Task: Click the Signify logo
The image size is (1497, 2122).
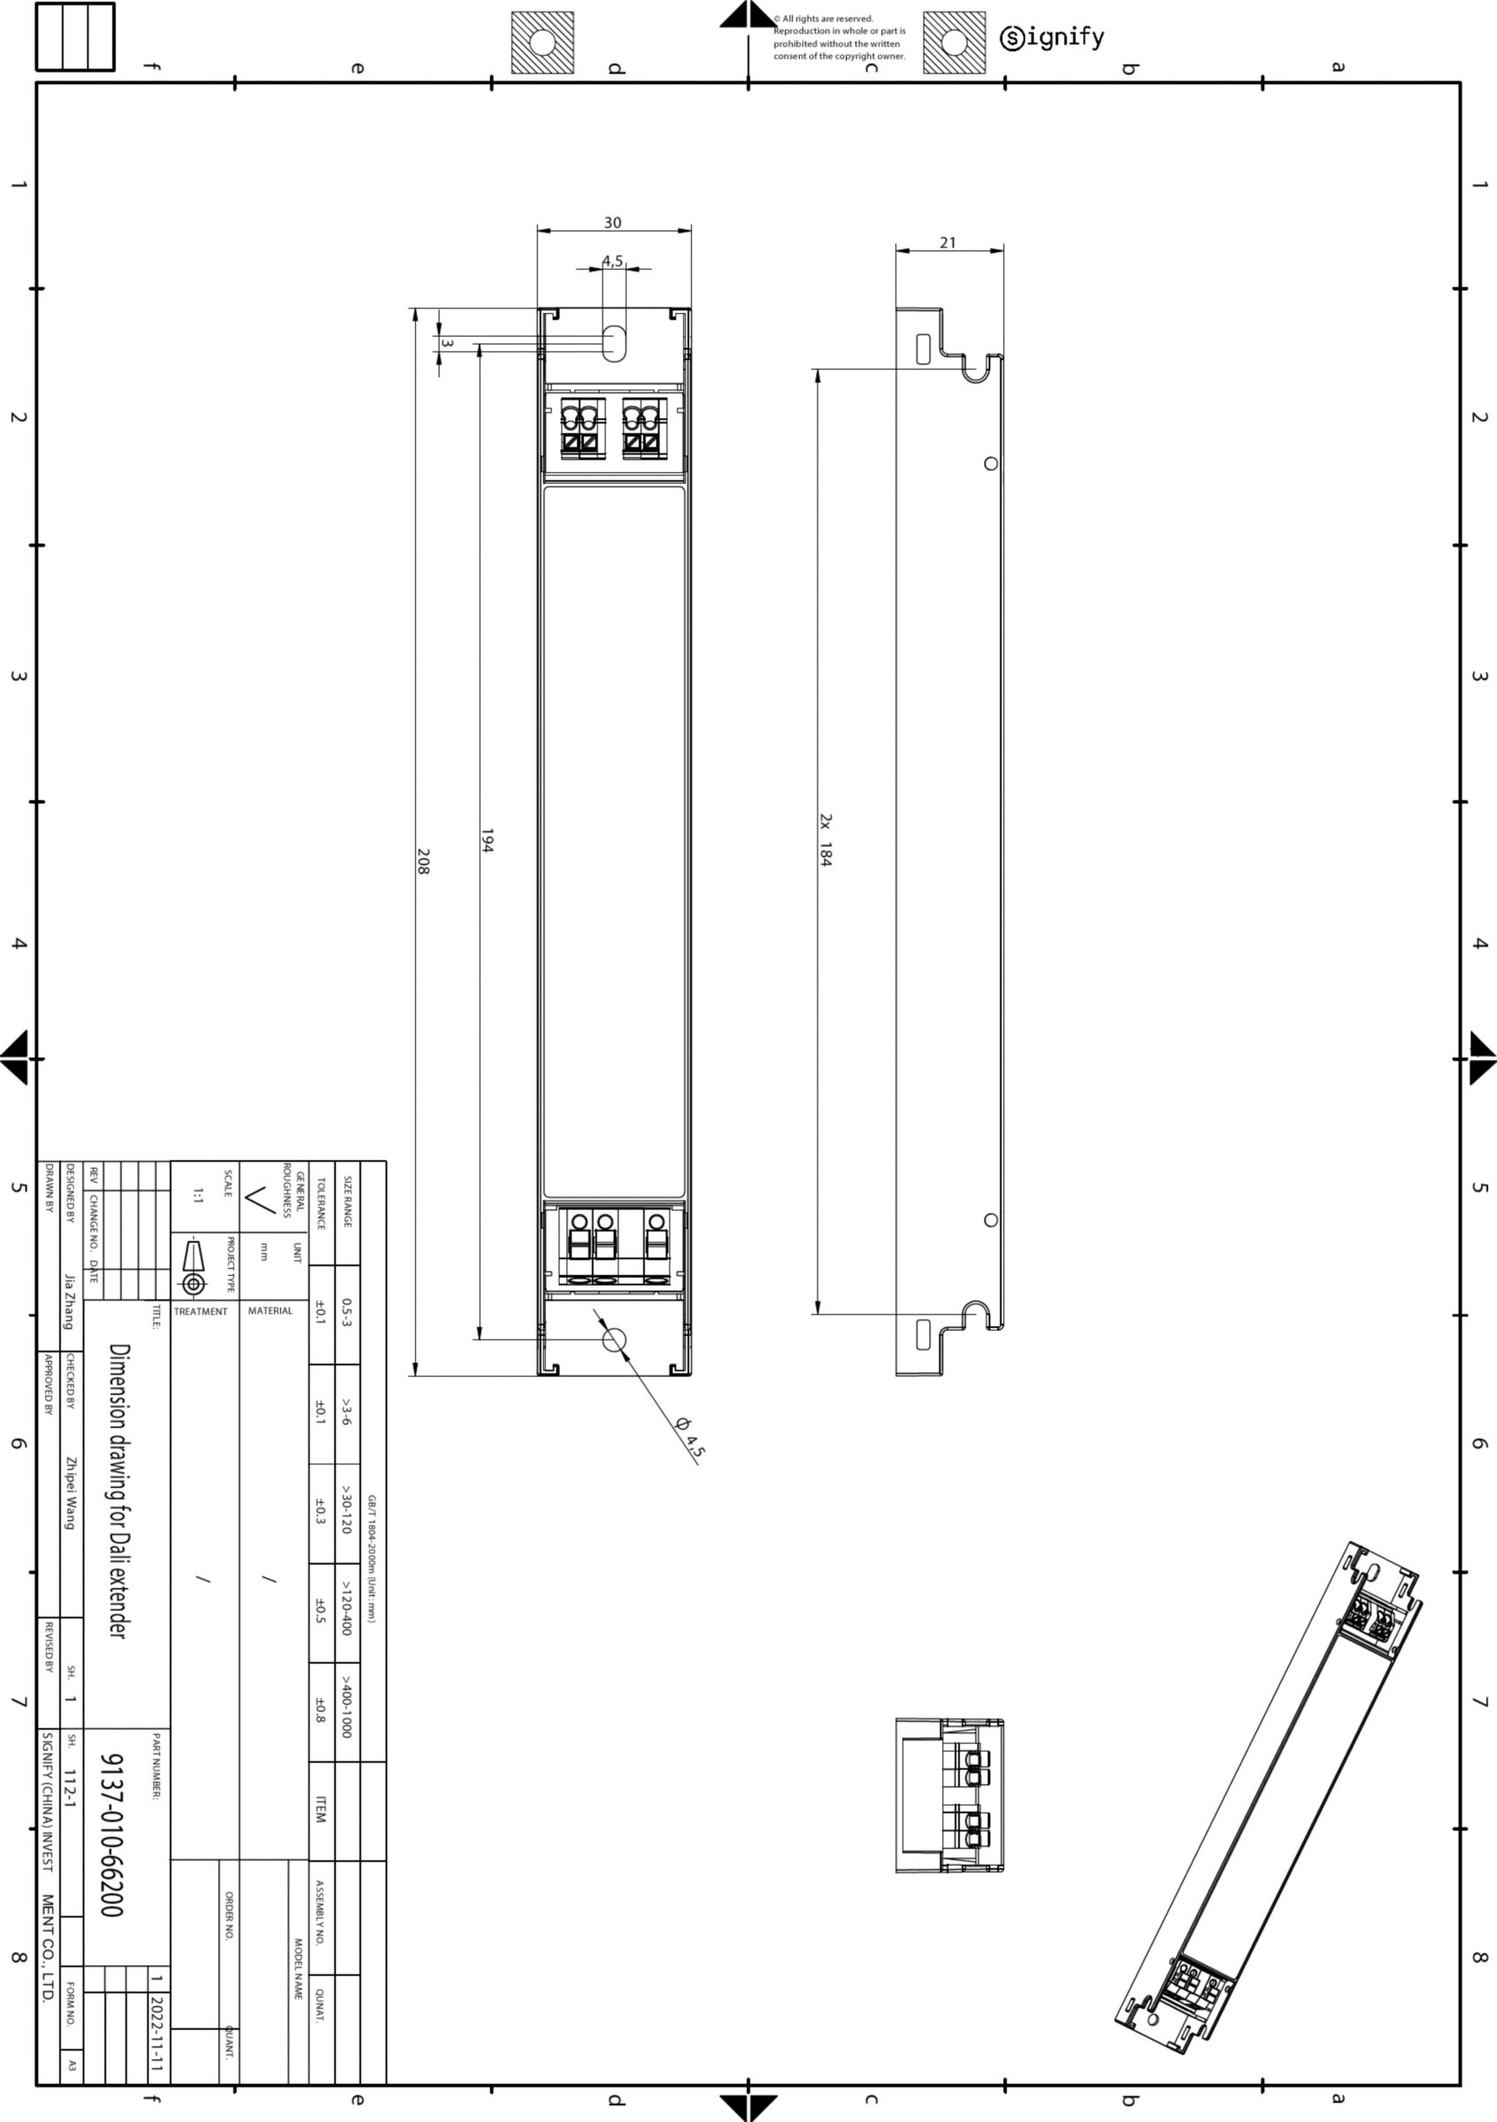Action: coord(1051,38)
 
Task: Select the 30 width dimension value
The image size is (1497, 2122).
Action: coord(612,223)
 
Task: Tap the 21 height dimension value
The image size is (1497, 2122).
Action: coord(948,242)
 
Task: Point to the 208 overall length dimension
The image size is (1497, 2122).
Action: coord(423,861)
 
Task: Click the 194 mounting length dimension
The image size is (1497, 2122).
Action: coord(487,840)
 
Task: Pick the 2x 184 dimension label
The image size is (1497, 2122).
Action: coord(825,840)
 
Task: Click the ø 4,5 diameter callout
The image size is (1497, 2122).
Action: coord(690,1437)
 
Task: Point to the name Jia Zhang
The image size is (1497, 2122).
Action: coord(69,1301)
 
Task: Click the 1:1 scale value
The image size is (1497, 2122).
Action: coord(198,1196)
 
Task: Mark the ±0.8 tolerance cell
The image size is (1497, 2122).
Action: coord(320,1710)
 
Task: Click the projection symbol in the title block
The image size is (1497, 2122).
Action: coord(193,1265)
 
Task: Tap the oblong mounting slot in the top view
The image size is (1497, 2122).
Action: coord(613,343)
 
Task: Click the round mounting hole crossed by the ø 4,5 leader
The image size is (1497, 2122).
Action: coord(614,1340)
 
